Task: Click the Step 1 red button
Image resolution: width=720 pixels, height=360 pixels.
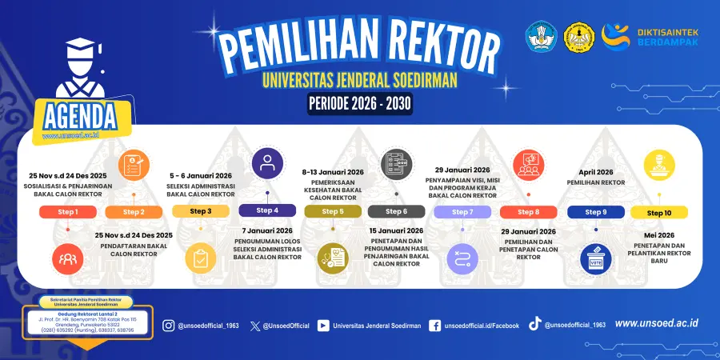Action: (x=68, y=212)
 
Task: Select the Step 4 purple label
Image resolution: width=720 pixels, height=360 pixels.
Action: (x=267, y=210)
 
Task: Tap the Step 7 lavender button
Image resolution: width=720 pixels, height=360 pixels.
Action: (x=463, y=212)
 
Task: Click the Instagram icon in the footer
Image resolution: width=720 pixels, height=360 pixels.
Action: (x=168, y=326)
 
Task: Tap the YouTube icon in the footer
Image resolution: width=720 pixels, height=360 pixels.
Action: (x=323, y=326)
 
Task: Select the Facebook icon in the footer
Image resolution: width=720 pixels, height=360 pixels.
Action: (x=435, y=326)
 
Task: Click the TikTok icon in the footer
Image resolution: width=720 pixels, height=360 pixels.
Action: (x=534, y=324)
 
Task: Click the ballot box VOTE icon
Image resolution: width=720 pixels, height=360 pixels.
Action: (x=594, y=258)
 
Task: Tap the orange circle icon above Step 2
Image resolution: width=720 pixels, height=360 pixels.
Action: (x=134, y=166)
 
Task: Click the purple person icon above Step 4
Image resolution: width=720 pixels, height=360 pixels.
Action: (x=267, y=163)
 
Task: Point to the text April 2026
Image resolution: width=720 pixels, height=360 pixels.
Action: (x=595, y=171)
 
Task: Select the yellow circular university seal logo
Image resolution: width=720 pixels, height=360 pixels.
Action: (x=580, y=36)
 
